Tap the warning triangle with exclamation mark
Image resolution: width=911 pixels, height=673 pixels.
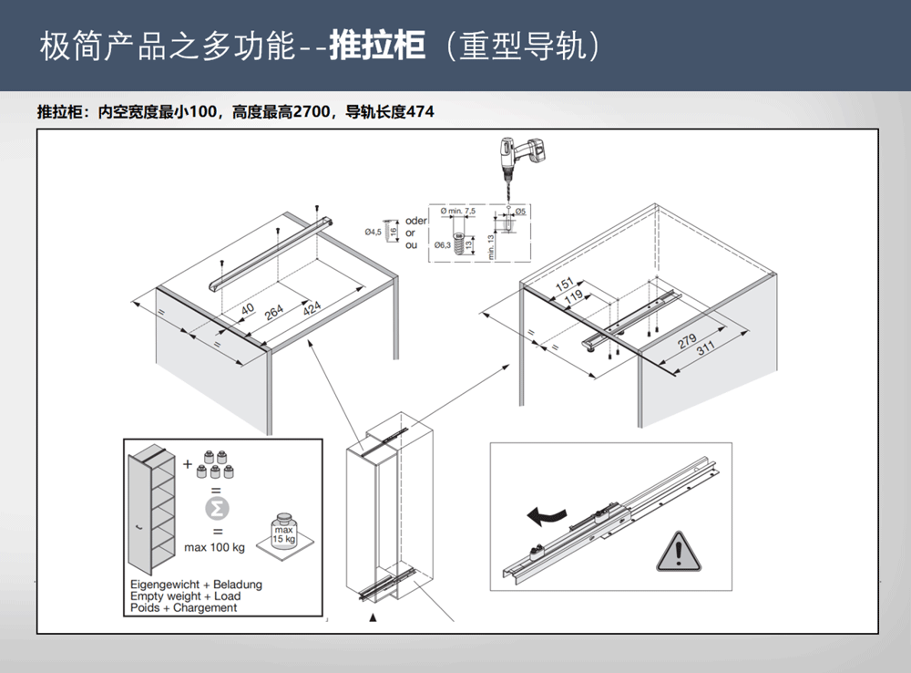click(x=675, y=550)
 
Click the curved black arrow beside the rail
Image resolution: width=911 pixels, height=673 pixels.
click(x=547, y=516)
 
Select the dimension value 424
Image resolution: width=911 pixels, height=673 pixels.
click(x=312, y=309)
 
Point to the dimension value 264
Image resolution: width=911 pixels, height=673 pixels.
click(x=274, y=312)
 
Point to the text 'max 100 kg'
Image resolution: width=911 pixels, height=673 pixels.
click(x=214, y=548)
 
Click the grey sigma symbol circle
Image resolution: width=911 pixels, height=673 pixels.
click(x=218, y=507)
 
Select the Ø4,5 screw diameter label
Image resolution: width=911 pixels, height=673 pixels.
click(x=374, y=233)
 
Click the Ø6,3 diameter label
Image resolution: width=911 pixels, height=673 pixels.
click(x=443, y=244)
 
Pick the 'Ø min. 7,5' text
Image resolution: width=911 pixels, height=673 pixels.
click(x=457, y=211)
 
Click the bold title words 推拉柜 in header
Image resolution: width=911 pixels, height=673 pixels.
click(x=376, y=45)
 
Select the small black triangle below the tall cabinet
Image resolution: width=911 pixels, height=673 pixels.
click(x=372, y=617)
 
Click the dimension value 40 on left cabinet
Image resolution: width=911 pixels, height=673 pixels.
click(x=248, y=309)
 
